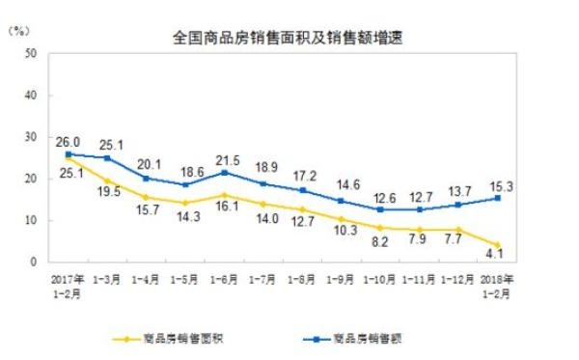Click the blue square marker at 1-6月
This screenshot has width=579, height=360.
(226, 173)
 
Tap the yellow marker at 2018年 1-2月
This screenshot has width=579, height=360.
(496, 245)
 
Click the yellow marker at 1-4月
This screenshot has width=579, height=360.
(145, 197)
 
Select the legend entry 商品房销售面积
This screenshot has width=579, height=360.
(184, 338)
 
